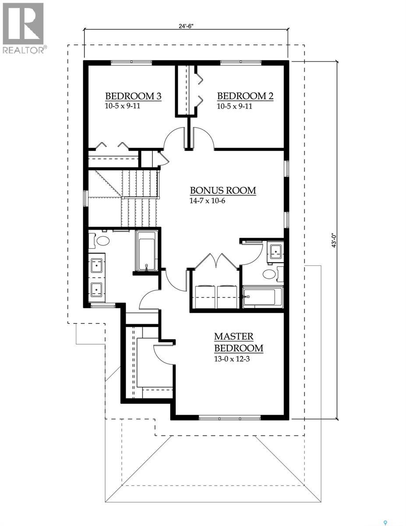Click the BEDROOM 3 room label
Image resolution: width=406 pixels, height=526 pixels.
pos(134,96)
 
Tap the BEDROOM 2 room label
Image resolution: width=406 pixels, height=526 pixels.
pos(245,96)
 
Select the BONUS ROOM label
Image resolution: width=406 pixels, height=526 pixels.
pos(223,191)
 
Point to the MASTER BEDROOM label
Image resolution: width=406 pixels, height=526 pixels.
pos(239,342)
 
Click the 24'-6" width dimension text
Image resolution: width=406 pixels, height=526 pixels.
pos(186,26)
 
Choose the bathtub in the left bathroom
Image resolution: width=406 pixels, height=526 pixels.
pos(146,251)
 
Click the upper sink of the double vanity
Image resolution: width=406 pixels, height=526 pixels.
pos(96,265)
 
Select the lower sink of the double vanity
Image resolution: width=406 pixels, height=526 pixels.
pos(96,289)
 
